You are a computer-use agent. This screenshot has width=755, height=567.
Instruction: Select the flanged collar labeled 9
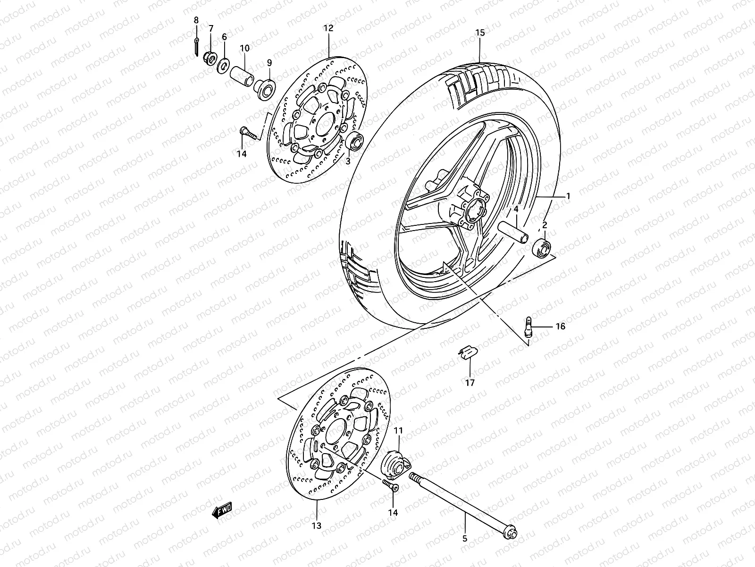click(275, 89)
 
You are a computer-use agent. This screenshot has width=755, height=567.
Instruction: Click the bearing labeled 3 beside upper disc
click(355, 141)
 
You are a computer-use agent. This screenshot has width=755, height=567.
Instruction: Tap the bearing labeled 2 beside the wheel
click(542, 248)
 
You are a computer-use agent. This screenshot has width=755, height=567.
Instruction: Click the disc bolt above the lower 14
click(390, 485)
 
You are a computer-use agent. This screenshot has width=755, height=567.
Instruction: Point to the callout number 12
click(328, 28)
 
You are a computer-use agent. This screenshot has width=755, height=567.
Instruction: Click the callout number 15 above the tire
click(480, 33)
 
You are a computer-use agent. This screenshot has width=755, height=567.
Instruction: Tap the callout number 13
click(316, 525)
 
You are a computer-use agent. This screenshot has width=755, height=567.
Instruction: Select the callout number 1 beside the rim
click(568, 196)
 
